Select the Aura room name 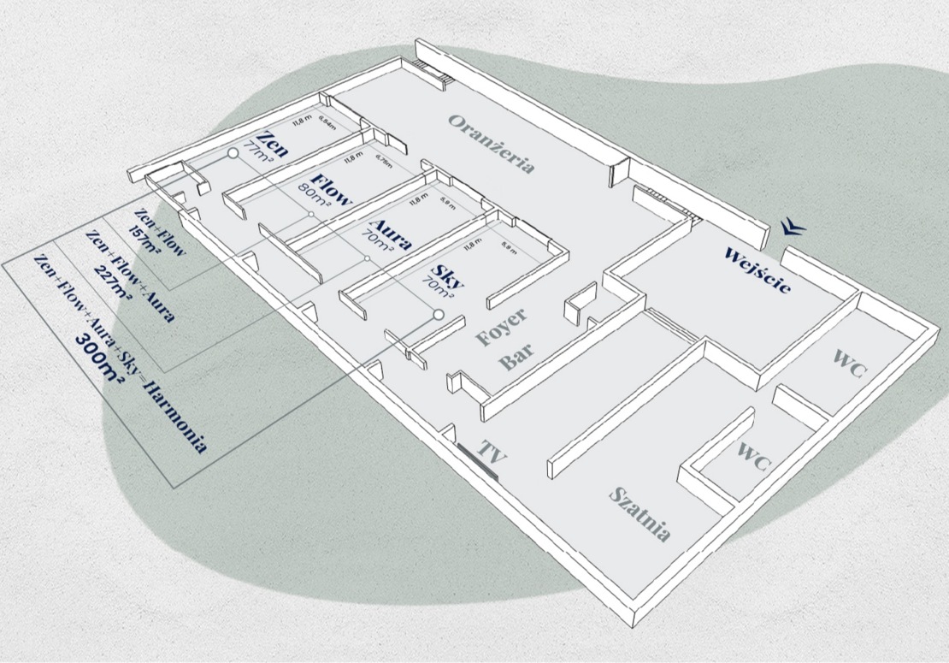pyautogui.click(x=390, y=231)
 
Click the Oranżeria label pyautogui.click(x=493, y=144)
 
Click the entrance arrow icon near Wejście pyautogui.click(x=792, y=226)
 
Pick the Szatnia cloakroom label pyautogui.click(x=640, y=513)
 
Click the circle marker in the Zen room pyautogui.click(x=232, y=153)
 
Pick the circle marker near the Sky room pyautogui.click(x=439, y=315)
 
